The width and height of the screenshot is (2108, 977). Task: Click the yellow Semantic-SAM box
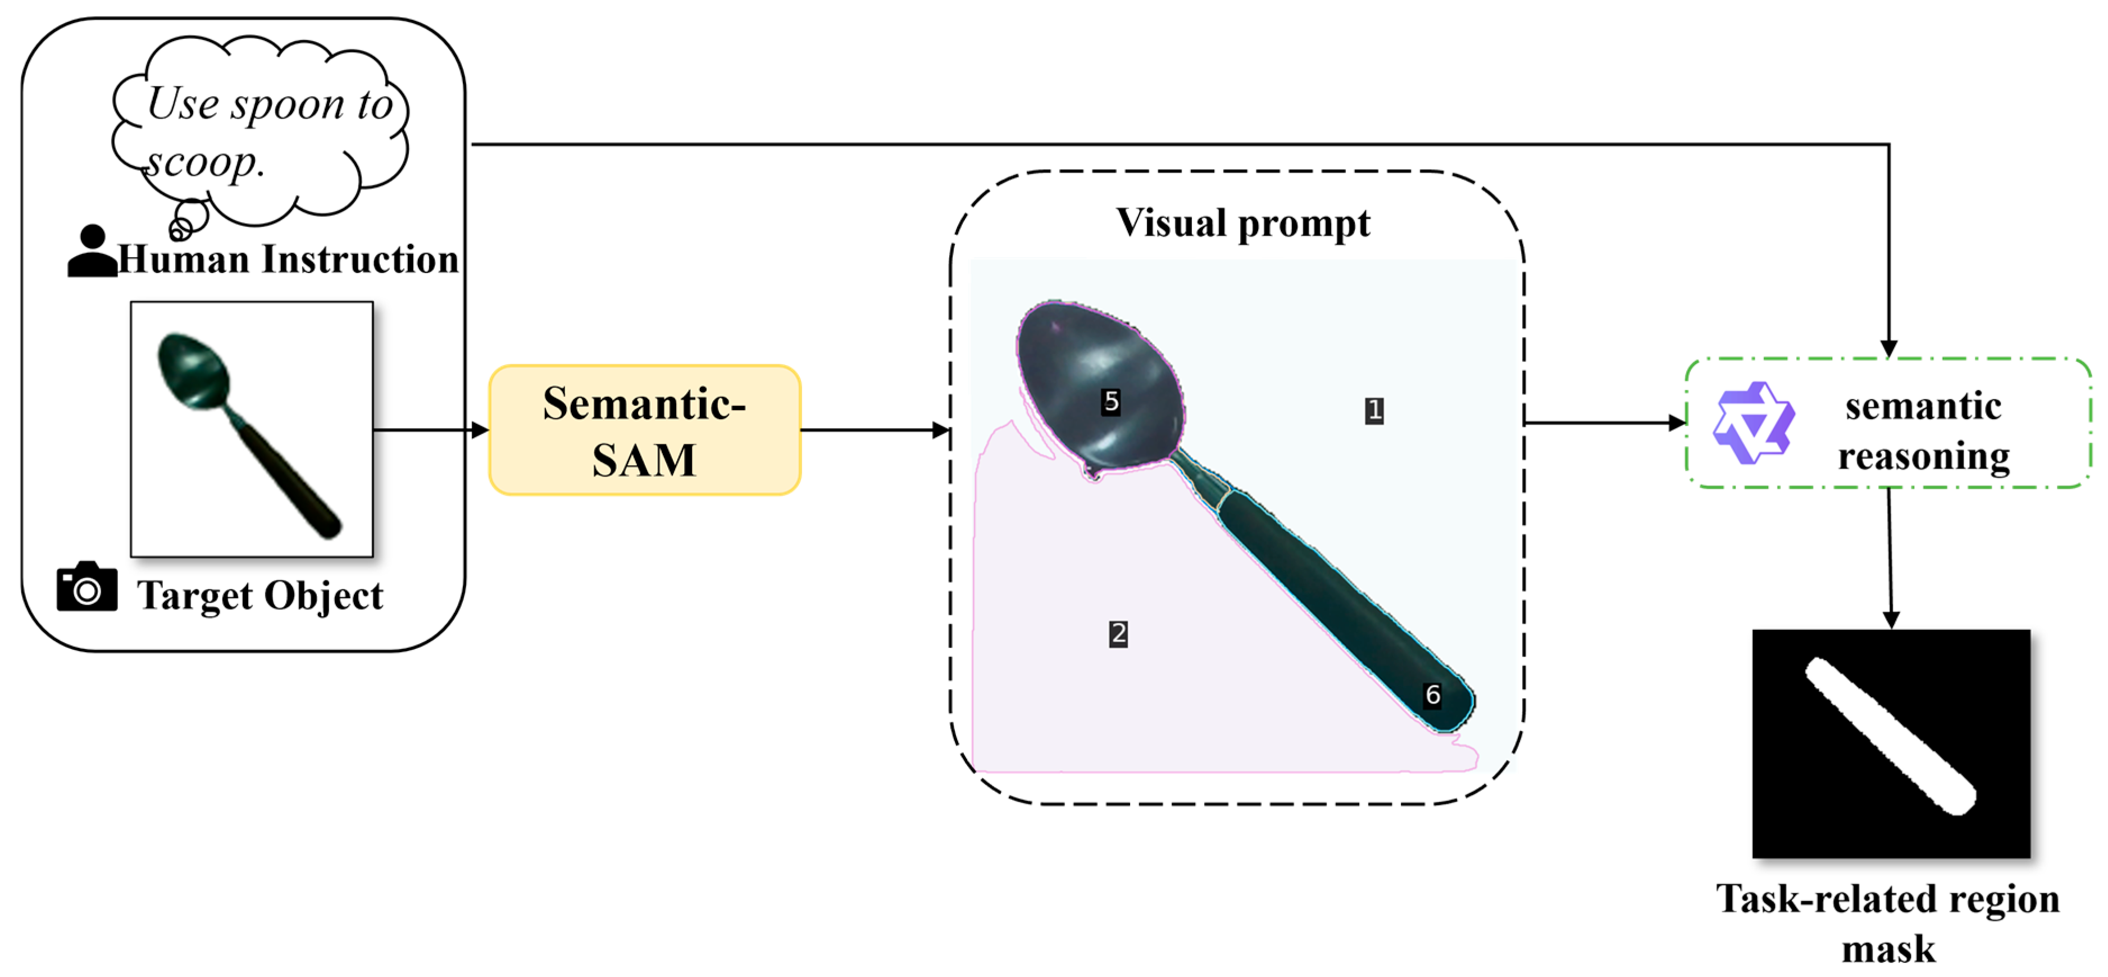(645, 430)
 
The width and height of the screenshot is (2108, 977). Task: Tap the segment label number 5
(1110, 401)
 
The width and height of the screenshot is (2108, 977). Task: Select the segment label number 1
(1374, 410)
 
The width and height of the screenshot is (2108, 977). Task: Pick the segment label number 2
(1118, 633)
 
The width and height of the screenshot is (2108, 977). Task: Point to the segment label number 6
(1432, 695)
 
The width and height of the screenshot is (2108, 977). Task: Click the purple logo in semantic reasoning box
(1754, 423)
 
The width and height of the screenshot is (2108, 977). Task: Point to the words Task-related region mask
(1888, 923)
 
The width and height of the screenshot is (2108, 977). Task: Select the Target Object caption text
(260, 596)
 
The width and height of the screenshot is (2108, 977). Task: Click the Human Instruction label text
(288, 260)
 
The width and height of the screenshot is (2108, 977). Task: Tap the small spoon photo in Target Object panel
(252, 430)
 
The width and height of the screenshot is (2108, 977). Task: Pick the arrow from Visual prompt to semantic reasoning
(1605, 423)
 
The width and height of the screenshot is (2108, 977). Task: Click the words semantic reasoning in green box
(1923, 431)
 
